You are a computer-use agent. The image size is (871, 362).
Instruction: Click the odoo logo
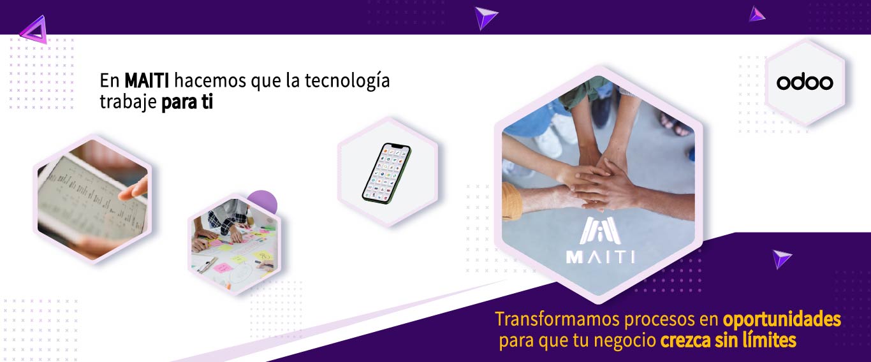[x=805, y=82]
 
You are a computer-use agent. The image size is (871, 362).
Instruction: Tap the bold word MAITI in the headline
[x=147, y=81]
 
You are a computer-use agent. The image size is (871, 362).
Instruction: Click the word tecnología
[x=347, y=82]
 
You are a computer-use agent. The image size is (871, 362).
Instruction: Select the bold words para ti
[x=187, y=102]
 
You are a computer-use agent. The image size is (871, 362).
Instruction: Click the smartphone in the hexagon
[x=386, y=173]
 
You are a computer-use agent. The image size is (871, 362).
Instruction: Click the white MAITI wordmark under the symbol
[x=601, y=257]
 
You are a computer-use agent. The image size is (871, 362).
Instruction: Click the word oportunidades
[x=782, y=320]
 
